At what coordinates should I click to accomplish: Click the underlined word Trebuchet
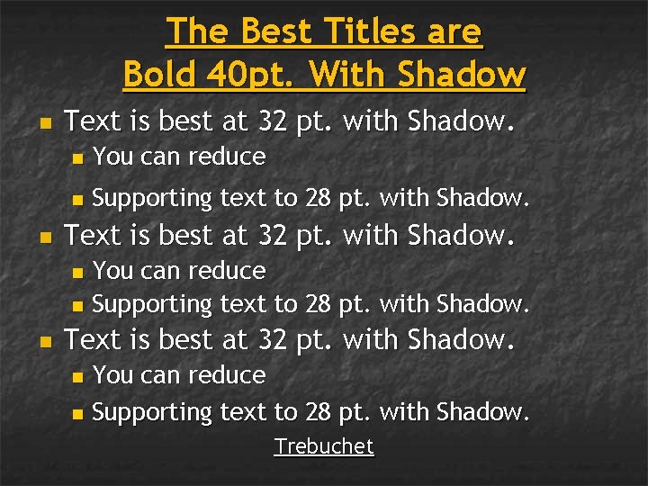coord(324,446)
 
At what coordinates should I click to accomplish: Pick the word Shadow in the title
coord(464,73)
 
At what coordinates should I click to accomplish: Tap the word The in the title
coord(193,32)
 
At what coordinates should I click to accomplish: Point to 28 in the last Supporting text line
coord(318,412)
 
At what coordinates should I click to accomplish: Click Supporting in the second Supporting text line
coord(151,305)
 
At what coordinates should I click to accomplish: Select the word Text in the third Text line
coord(94,339)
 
